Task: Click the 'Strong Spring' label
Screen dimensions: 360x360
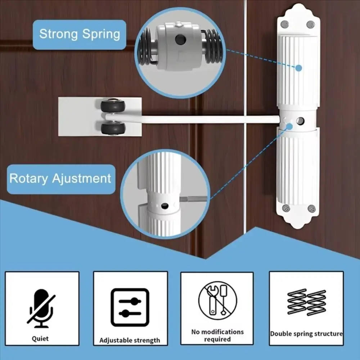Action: (x=80, y=35)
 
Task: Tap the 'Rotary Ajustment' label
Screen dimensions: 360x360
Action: (x=60, y=179)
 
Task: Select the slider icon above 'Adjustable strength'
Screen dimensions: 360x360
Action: (x=130, y=307)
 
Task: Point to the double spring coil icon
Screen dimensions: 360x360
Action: (x=306, y=302)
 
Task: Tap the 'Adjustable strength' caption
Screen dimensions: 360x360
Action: (x=130, y=340)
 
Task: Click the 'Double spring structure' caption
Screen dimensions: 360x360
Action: (x=306, y=334)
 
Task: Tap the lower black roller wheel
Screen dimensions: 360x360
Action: (x=113, y=129)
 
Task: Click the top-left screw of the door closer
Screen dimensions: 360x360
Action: (x=284, y=24)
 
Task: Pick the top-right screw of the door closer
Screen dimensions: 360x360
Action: (x=310, y=24)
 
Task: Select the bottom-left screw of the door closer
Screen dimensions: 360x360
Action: (x=286, y=208)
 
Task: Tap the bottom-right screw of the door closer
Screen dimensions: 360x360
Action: (x=311, y=208)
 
